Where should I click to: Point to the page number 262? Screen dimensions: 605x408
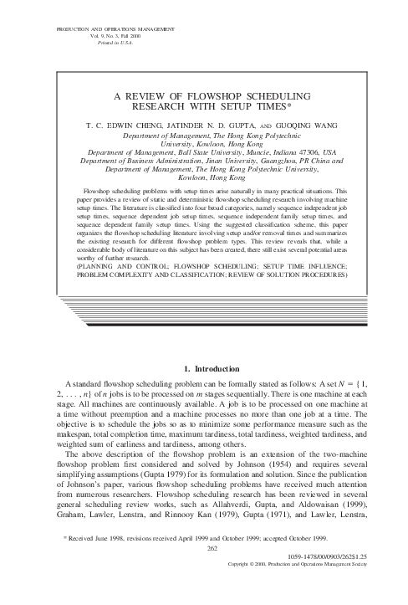click(212, 572)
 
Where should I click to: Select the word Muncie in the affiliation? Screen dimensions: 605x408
click(250, 152)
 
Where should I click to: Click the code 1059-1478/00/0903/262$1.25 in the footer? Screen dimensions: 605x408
click(338, 578)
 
